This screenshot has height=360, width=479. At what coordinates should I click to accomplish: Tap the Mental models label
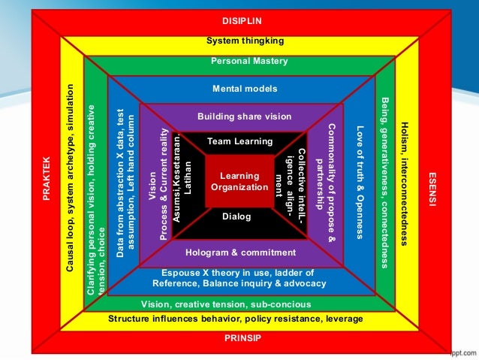pyautogui.click(x=239, y=88)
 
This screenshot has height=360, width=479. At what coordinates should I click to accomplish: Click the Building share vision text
pyautogui.click(x=244, y=116)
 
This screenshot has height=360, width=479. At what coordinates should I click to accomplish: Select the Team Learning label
pyautogui.click(x=240, y=141)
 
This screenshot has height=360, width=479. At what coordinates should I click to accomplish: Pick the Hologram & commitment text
pyautogui.click(x=240, y=253)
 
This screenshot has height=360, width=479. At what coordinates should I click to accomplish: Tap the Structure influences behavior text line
pyautogui.click(x=236, y=319)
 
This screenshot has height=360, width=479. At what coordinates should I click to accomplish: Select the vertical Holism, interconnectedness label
pyautogui.click(x=405, y=180)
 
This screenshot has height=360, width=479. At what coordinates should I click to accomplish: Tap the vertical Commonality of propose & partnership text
pyautogui.click(x=328, y=180)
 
